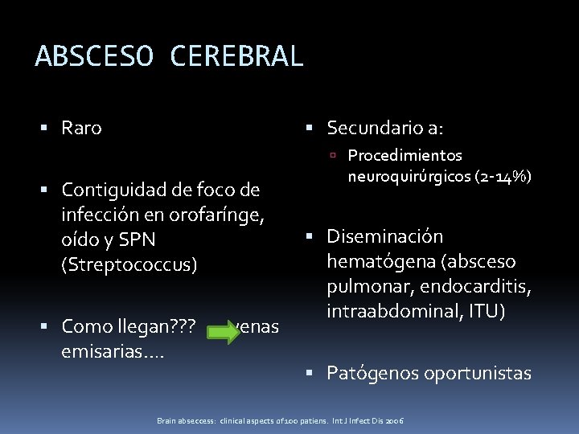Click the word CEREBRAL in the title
coord(236,56)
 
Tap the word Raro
coord(81,128)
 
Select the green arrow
coord(223,327)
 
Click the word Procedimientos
coord(404,156)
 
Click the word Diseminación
coord(384,237)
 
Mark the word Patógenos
coord(370,373)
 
